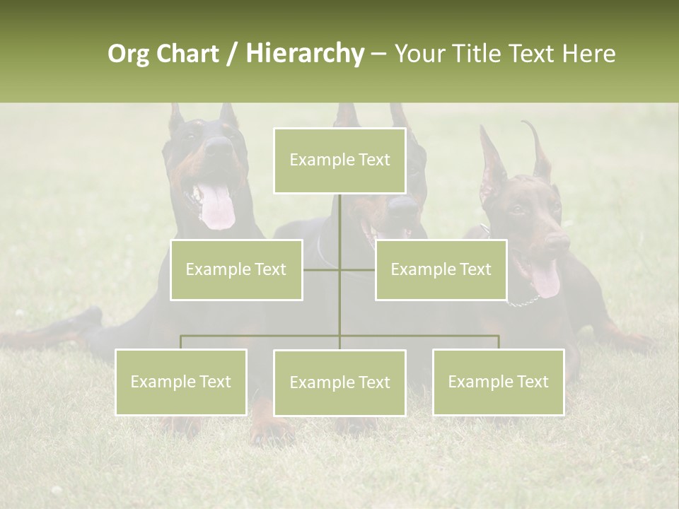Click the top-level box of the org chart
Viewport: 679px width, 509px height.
[339, 160]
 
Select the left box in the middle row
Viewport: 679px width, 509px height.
[236, 269]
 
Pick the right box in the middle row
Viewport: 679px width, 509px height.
[441, 269]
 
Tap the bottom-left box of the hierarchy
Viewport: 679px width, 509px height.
[180, 382]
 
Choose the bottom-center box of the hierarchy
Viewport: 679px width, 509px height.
[339, 382]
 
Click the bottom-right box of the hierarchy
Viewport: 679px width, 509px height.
[498, 382]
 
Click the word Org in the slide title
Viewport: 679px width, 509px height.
[127, 54]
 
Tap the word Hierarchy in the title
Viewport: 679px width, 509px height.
[304, 54]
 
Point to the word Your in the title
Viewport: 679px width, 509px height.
[418, 54]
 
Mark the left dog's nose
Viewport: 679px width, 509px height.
[219, 147]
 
